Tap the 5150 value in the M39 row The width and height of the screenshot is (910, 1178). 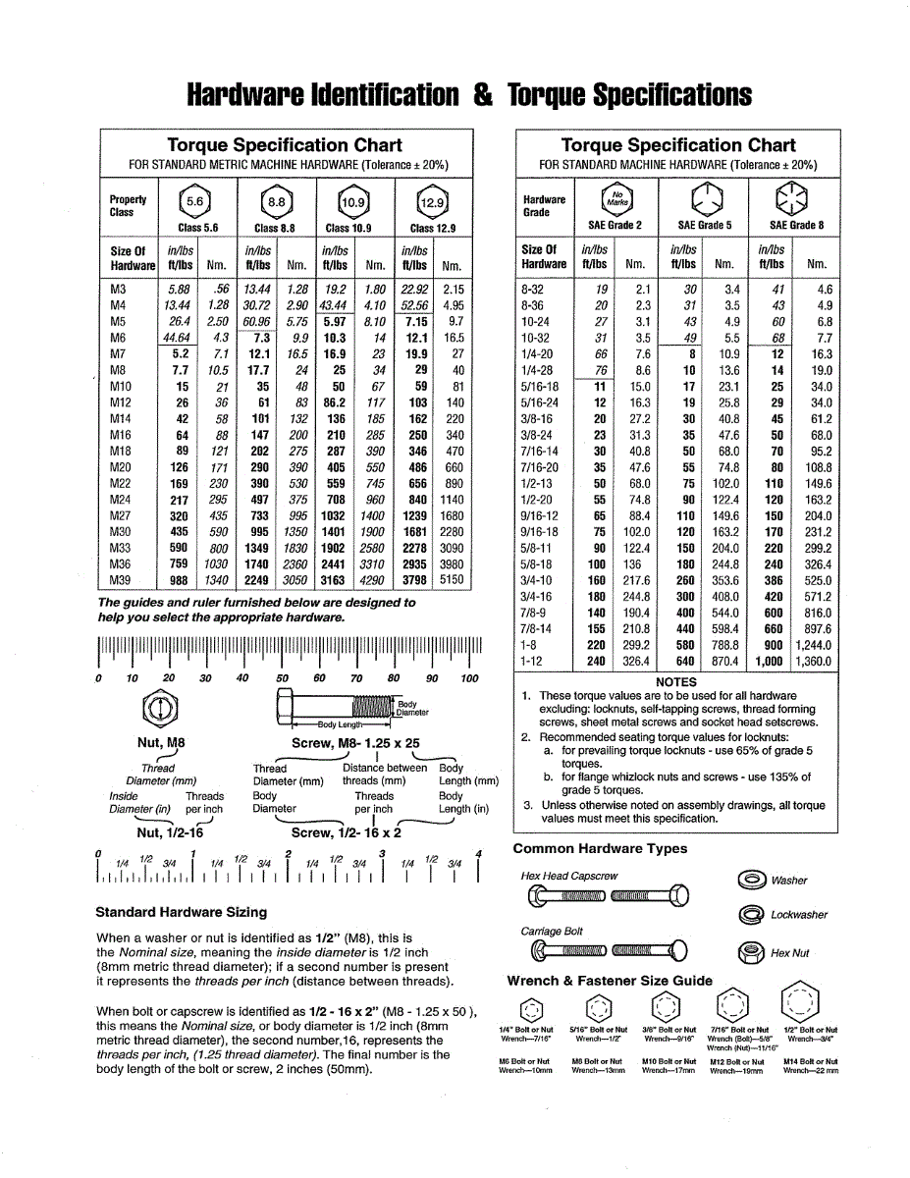coord(452,580)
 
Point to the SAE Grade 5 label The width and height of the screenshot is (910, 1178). coord(705,226)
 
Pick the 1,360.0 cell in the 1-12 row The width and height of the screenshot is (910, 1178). coord(814,662)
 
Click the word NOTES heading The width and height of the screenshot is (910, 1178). coord(675,681)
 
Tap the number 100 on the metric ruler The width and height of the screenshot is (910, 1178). coord(469,678)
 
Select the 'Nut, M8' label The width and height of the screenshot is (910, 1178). coord(161,743)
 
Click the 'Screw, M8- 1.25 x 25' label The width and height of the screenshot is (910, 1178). coord(355,743)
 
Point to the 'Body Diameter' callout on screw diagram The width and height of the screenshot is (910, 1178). coord(413,709)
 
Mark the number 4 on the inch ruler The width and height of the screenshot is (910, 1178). coord(478,853)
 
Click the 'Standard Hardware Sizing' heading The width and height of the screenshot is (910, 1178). coord(181,912)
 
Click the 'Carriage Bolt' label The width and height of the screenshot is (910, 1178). coord(552,931)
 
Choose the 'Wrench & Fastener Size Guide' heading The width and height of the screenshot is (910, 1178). coord(610,981)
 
